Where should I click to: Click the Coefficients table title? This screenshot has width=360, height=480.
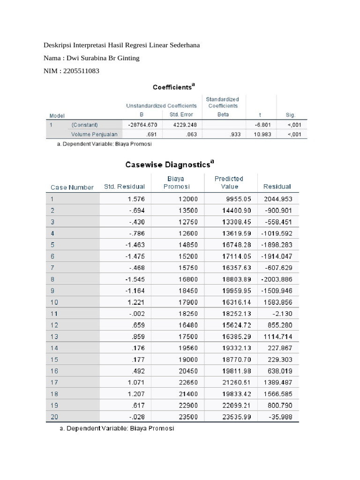tap(174, 87)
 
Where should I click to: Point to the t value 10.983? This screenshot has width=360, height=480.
tap(260, 135)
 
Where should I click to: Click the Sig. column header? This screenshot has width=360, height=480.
tap(291, 115)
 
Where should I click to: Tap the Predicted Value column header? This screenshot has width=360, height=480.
tap(229, 182)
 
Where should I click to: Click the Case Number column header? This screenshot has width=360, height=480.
tap(72, 187)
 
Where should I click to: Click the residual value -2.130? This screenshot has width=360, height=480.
tap(282, 313)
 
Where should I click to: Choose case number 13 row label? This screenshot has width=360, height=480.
tap(55, 336)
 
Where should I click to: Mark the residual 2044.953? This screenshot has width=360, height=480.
tap(278, 199)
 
